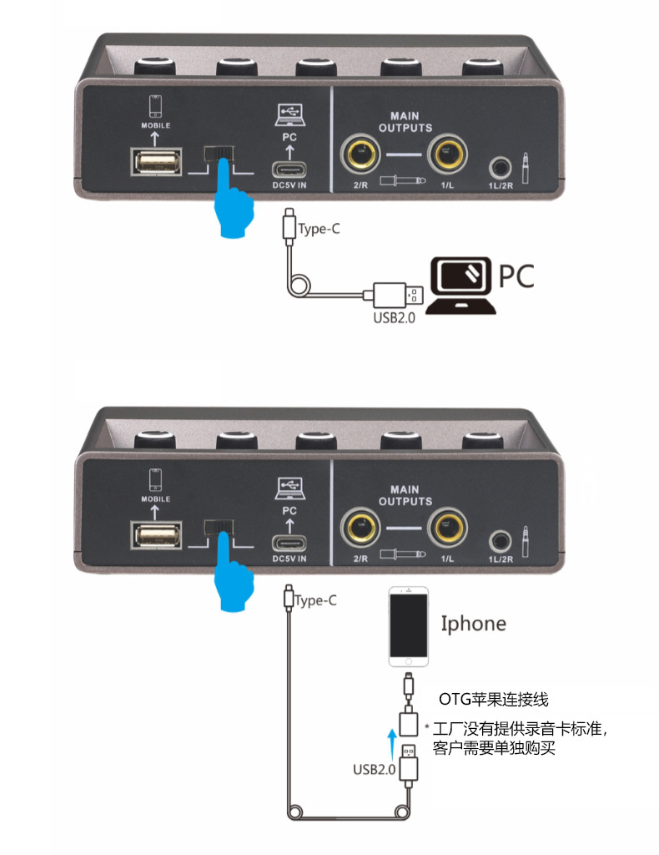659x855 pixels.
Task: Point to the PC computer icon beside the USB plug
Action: (462, 285)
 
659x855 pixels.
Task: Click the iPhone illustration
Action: (409, 626)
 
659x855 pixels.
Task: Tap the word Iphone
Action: (473, 624)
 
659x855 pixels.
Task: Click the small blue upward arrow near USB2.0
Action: (391, 738)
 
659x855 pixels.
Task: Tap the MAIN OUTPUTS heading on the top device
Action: (405, 122)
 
